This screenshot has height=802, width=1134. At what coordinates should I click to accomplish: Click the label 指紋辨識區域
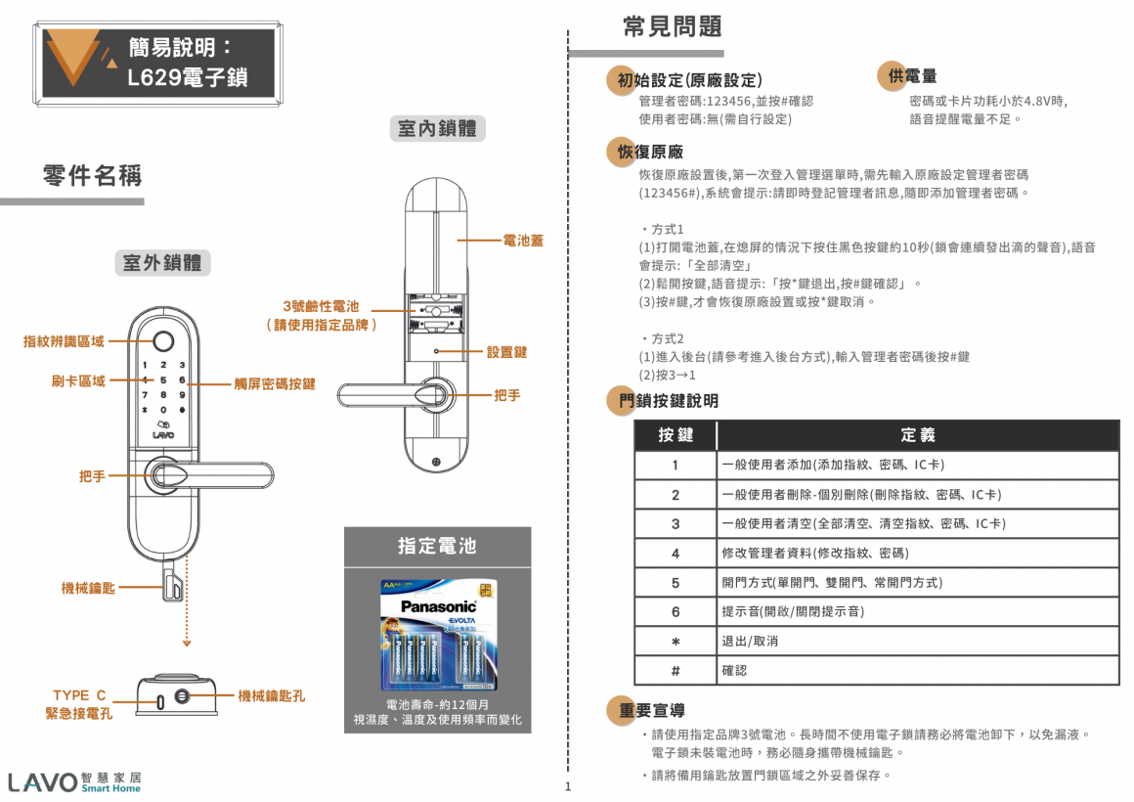[64, 341]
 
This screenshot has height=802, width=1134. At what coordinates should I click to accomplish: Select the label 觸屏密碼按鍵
[274, 384]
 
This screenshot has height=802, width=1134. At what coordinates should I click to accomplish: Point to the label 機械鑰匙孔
[272, 696]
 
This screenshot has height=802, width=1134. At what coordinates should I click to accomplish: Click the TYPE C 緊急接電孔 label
[79, 704]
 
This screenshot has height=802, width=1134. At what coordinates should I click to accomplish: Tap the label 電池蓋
[523, 240]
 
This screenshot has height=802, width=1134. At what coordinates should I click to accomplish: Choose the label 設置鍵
[506, 352]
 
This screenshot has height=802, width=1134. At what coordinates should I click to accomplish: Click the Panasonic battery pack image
[438, 635]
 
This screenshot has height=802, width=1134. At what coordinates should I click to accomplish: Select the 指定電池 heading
[437, 546]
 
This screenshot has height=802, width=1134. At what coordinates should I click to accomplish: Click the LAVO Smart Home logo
[74, 781]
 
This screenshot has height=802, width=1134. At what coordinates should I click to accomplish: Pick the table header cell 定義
[917, 435]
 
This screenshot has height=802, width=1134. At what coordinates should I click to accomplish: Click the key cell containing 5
[675, 583]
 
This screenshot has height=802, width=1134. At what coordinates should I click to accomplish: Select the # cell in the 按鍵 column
[675, 671]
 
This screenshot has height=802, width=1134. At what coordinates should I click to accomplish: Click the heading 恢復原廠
[650, 152]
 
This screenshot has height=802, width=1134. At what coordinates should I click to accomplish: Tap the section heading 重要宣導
[651, 710]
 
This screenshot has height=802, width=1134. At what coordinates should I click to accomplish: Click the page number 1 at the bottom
[567, 787]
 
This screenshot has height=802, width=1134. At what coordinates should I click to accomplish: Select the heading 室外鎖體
[162, 263]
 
